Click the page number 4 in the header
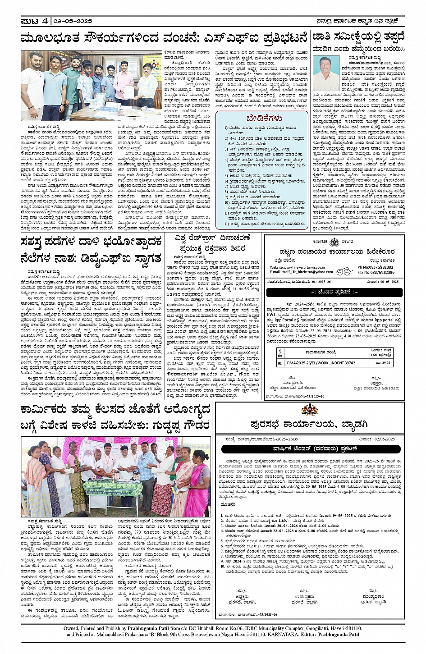(46, 21)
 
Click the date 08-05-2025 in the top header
(72, 21)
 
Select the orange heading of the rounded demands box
(264, 119)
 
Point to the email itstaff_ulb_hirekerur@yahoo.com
(302, 272)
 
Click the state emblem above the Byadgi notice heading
(309, 411)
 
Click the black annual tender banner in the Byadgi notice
(311, 449)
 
